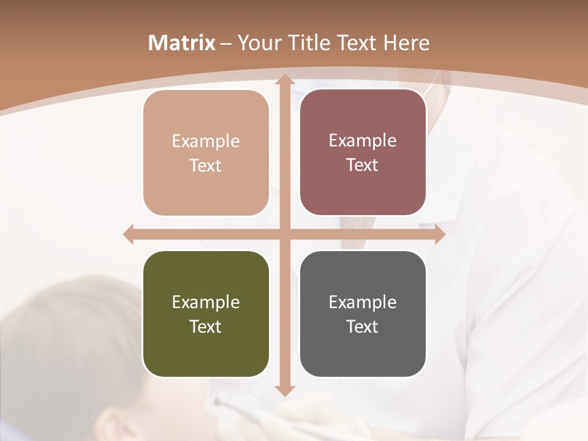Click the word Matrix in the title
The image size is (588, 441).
[x=183, y=43]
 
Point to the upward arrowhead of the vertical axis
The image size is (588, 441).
[x=284, y=79]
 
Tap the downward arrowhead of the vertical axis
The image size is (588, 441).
[x=284, y=390]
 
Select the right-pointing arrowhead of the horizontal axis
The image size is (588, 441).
[x=439, y=235]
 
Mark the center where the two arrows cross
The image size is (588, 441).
[x=284, y=235]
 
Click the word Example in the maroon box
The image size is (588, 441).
[x=363, y=141]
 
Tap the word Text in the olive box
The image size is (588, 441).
[x=206, y=326]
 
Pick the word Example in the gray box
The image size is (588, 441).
[x=363, y=302]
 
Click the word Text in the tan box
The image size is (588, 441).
[x=206, y=165]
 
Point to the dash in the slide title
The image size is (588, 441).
[x=226, y=43]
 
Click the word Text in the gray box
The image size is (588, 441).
[x=363, y=326]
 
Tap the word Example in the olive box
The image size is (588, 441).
[x=206, y=302]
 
